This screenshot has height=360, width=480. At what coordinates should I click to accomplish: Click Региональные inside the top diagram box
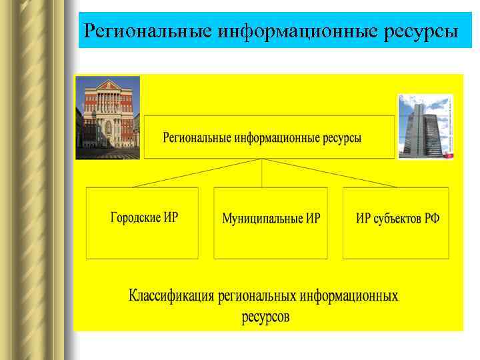(197, 138)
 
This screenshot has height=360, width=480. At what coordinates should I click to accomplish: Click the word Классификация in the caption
(171, 295)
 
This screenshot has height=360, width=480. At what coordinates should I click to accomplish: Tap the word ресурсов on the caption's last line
(265, 317)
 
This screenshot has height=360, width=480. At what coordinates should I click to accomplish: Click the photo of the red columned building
(108, 117)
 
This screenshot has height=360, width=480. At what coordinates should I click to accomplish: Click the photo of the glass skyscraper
(425, 126)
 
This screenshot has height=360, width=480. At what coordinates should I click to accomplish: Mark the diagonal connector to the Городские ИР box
(197, 173)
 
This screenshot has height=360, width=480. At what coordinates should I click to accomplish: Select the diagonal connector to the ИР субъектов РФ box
(329, 173)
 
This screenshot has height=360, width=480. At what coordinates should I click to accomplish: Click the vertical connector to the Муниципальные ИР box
(263, 173)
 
